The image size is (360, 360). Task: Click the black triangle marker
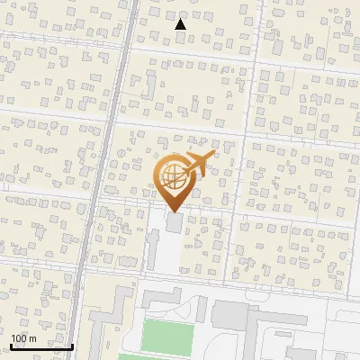pos(180,24)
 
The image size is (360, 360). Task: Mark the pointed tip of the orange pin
pos(173,211)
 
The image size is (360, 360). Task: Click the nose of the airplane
pos(213,155)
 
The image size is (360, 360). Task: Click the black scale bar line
pos(41,346)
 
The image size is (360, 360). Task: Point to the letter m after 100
pos(32,338)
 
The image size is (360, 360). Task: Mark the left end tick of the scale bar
pos(11,345)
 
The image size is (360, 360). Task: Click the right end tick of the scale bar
pos(72,345)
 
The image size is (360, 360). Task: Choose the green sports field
pos(168,337)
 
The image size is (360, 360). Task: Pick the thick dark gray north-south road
pos(101,180)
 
